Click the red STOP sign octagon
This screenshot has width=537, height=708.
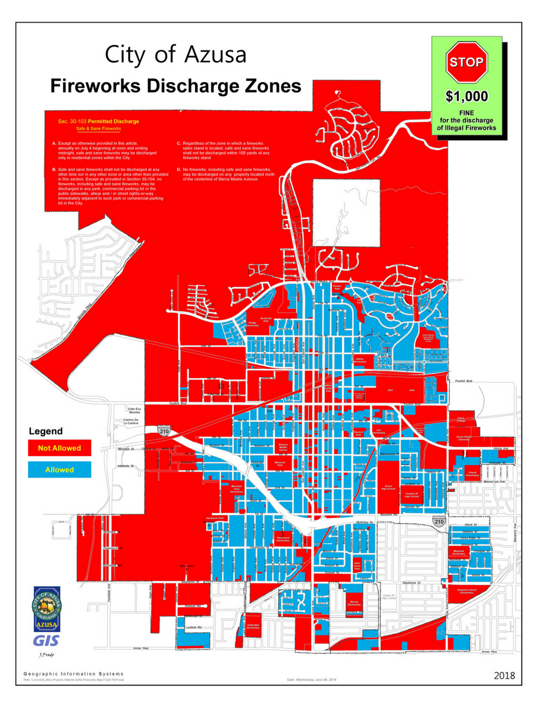coord(466,62)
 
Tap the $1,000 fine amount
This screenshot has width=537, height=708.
coord(467,96)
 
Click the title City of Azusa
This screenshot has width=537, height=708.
coord(175,54)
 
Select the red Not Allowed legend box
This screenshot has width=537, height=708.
coord(59,447)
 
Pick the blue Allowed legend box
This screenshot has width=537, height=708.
coord(59,470)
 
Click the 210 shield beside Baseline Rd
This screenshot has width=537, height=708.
coord(439,521)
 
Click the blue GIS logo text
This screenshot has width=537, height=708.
coord(46,641)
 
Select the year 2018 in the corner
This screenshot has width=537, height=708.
coord(504,675)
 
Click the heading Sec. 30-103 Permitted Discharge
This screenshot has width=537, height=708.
coord(99,121)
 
